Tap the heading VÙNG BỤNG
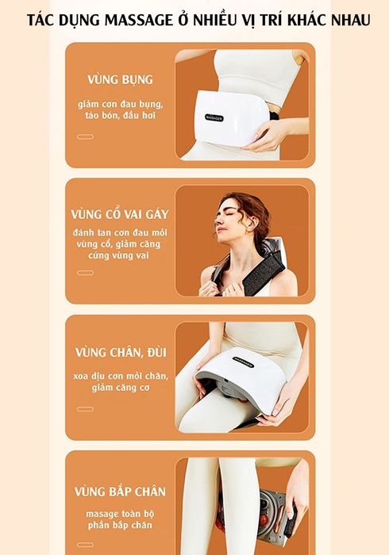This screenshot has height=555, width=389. point(120,79)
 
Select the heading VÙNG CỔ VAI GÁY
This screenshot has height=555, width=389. point(120,214)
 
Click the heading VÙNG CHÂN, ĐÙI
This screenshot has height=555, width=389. point(121,353)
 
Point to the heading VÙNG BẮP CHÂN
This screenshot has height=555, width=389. point(120,492)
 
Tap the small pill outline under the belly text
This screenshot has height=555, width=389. point(86,137)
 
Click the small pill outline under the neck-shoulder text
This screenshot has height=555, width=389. point(86,273)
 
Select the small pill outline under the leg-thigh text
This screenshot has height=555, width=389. point(86,409)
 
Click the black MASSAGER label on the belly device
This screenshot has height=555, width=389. point(214,118)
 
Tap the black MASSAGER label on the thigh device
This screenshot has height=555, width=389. point(243,362)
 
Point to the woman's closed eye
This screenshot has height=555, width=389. point(226,215)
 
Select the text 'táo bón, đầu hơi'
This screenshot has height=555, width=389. point(120,116)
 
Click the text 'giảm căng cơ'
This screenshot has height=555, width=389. point(120,388)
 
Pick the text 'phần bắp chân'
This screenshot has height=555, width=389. point(120,525)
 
